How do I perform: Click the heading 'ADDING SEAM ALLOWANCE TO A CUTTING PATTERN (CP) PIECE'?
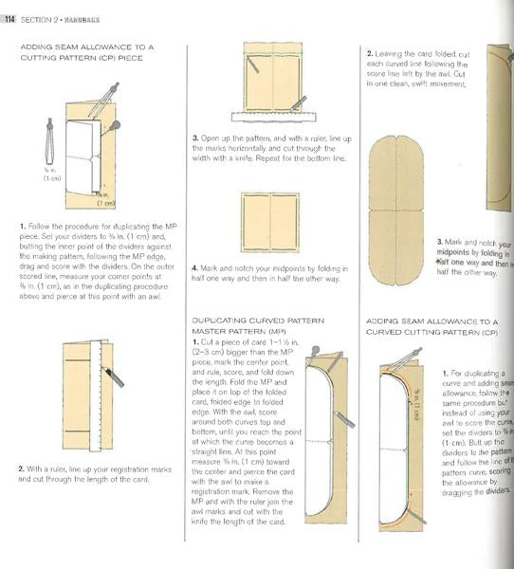[86, 51]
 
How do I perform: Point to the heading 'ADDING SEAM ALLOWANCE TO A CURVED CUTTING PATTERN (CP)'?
[431, 327]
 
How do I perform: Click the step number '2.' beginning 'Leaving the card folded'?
[370, 54]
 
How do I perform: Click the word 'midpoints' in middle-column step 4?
[294, 267]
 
